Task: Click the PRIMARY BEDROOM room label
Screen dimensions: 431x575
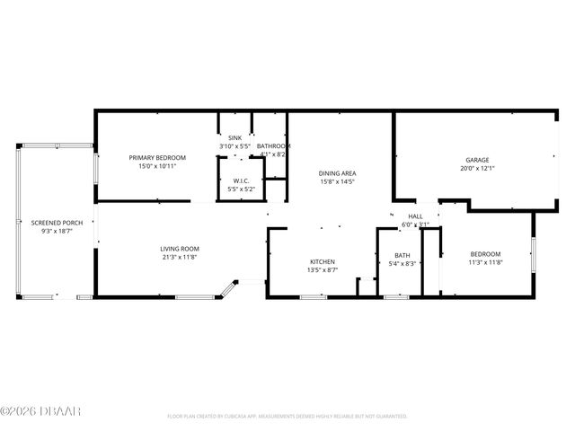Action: tap(157, 158)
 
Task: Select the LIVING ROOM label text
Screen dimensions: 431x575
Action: tap(180, 249)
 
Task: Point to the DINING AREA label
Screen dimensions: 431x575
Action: tap(338, 173)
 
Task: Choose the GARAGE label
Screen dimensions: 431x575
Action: tap(476, 160)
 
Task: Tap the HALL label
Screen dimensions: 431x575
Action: tap(415, 216)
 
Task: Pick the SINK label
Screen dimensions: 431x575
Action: tap(234, 137)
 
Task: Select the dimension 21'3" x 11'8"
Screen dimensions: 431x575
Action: tap(180, 257)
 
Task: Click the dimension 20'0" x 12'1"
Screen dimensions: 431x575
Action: tap(476, 168)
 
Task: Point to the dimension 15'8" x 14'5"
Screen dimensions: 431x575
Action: tap(338, 182)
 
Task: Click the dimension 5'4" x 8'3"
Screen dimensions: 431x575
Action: tap(402, 263)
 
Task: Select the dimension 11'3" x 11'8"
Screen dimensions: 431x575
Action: tap(485, 263)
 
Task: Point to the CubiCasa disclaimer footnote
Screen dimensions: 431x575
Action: tap(287, 416)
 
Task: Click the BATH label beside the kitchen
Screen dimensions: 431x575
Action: tap(402, 255)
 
